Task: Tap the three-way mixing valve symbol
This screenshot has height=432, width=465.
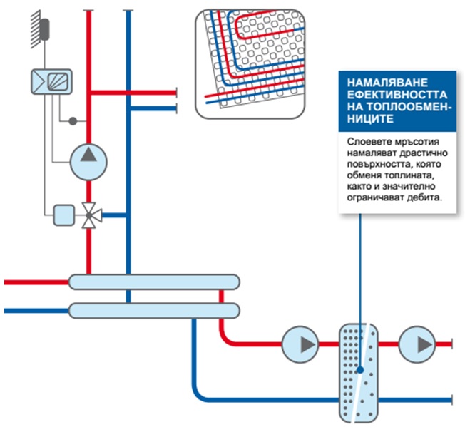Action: click(x=88, y=214)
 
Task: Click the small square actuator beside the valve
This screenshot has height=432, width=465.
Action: click(x=63, y=214)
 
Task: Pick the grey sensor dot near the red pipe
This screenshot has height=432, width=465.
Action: click(x=72, y=120)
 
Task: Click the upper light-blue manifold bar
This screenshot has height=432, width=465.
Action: click(x=153, y=282)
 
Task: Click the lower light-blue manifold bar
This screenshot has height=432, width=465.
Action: click(x=153, y=310)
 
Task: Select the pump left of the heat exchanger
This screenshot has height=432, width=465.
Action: click(x=300, y=345)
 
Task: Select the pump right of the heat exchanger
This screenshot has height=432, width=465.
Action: click(x=415, y=345)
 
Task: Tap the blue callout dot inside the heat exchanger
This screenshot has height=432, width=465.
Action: click(x=362, y=371)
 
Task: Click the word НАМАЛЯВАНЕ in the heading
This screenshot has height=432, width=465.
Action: click(x=379, y=81)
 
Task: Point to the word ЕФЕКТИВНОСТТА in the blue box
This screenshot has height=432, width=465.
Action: click(x=387, y=93)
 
